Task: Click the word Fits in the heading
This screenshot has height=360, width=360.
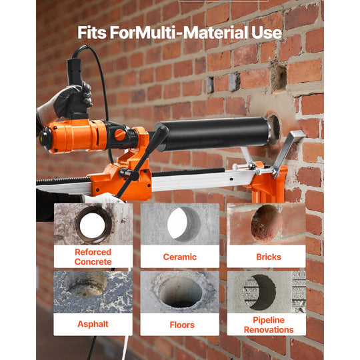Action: [x=92, y=33]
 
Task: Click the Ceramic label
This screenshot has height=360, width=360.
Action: [x=180, y=257]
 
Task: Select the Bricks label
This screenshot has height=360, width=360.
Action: [x=269, y=257]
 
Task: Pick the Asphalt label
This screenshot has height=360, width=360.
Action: [x=93, y=324]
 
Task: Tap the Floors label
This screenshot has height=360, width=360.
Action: [x=182, y=325]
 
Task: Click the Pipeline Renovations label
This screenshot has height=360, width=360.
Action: [x=269, y=325]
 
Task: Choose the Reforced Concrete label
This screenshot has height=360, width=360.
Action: [x=93, y=257]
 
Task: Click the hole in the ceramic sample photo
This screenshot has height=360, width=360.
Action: [x=184, y=224]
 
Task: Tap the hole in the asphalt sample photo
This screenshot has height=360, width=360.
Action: [x=88, y=284]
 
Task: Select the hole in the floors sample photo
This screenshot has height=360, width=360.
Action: [x=181, y=292]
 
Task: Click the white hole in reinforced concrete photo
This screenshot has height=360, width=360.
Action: [x=92, y=225]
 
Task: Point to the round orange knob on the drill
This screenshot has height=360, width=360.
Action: [x=120, y=135]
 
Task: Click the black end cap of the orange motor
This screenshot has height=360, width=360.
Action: [x=45, y=139]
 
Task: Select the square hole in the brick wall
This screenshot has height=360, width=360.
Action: [x=278, y=77]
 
